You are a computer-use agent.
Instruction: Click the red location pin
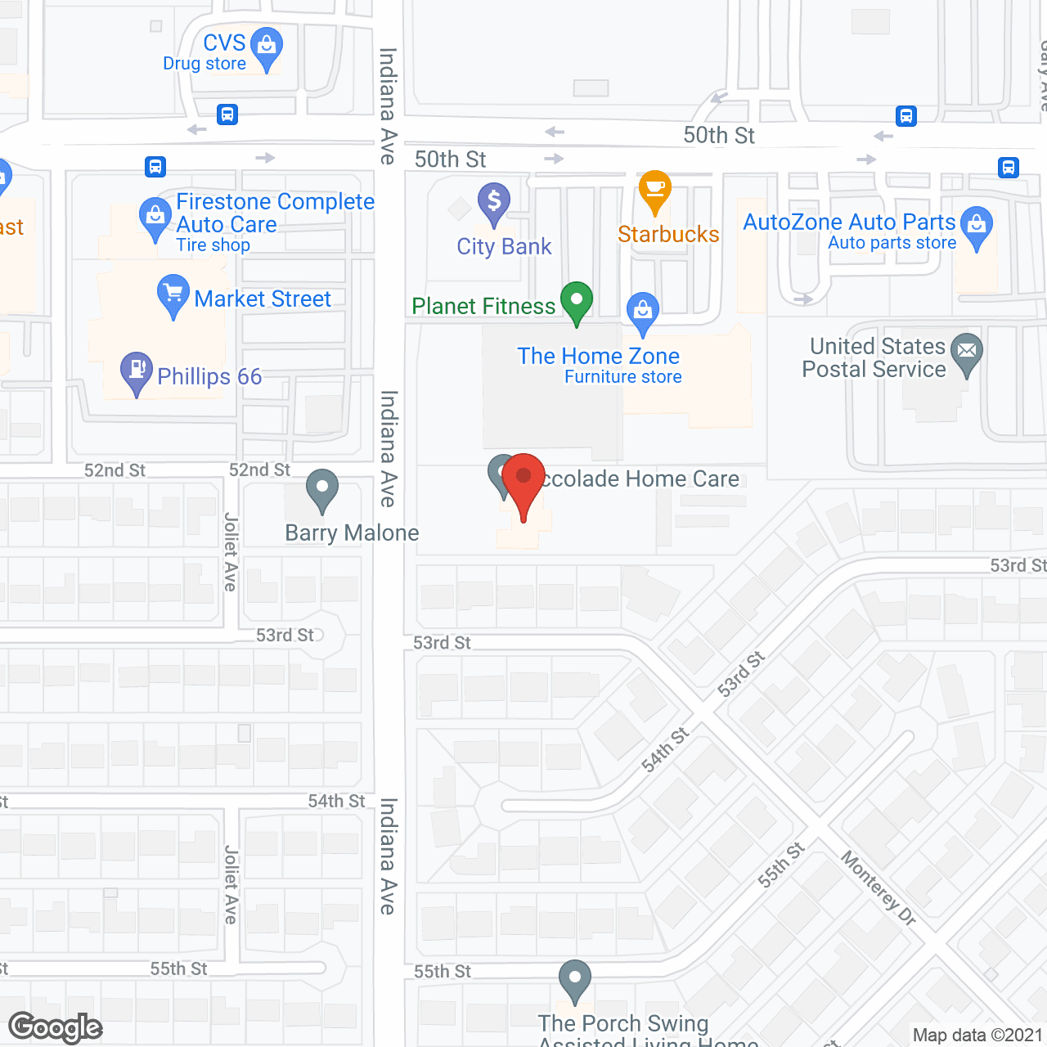click(x=523, y=479)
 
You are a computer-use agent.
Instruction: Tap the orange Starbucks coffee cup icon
click(x=655, y=190)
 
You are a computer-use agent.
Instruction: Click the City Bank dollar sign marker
click(x=494, y=201)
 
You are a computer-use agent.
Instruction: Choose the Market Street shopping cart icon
click(x=173, y=293)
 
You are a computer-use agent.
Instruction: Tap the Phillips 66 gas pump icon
click(x=137, y=371)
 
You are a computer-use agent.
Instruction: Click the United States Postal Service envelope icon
click(x=967, y=352)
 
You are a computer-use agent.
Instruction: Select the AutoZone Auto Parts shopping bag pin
click(x=977, y=225)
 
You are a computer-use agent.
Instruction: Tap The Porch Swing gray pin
click(x=575, y=979)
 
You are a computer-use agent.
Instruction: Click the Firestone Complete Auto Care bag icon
click(x=155, y=217)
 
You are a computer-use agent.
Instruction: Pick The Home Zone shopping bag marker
click(x=643, y=311)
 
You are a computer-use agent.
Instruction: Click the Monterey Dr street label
click(x=878, y=888)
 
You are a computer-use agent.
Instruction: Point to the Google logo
click(x=56, y=1027)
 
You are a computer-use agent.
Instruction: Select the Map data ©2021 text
click(x=977, y=1036)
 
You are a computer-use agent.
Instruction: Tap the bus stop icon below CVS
click(x=227, y=115)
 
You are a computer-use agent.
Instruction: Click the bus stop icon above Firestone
click(x=155, y=167)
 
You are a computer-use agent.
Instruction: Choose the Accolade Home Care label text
click(x=640, y=479)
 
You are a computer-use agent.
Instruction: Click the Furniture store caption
click(x=623, y=377)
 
